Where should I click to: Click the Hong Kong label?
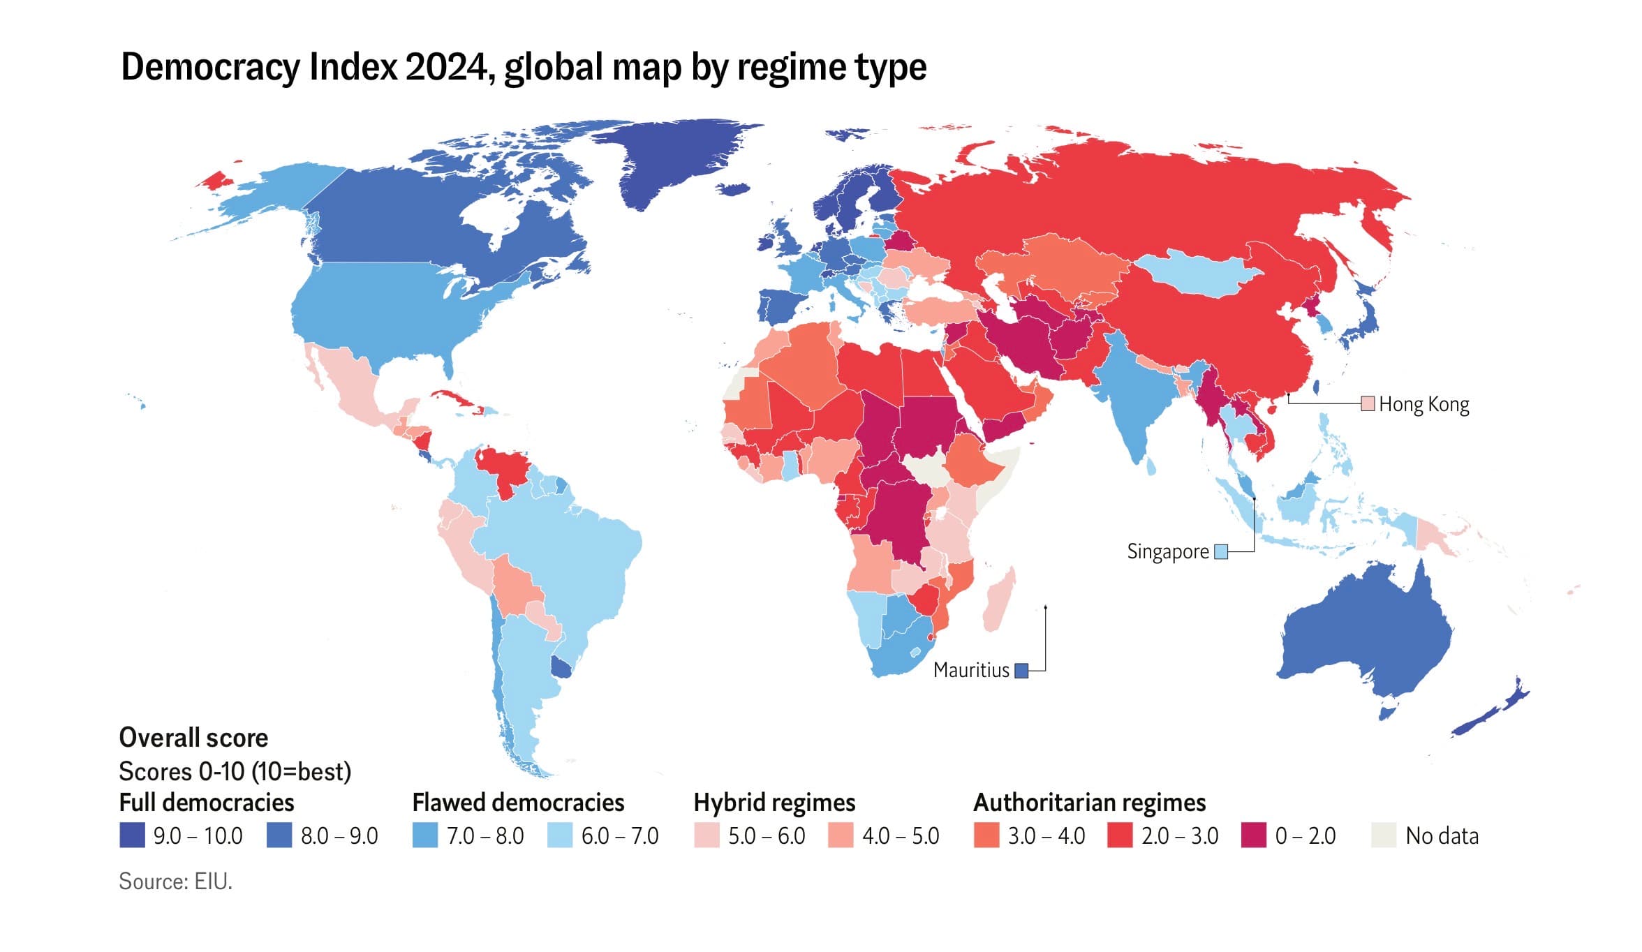(x=1423, y=405)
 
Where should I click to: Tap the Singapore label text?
(x=1167, y=551)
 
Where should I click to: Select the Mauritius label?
(x=971, y=670)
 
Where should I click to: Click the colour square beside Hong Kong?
(x=1368, y=403)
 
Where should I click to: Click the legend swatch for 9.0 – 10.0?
(x=132, y=835)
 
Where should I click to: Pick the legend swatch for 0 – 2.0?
(x=1254, y=835)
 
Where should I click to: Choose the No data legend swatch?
(x=1384, y=835)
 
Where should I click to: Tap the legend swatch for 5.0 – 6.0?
(x=707, y=835)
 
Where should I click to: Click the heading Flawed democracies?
(x=518, y=803)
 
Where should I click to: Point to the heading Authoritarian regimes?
(x=1089, y=803)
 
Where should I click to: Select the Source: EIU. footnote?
(x=175, y=882)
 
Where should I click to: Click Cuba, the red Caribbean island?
(x=454, y=401)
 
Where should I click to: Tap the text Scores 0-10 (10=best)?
(x=235, y=771)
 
